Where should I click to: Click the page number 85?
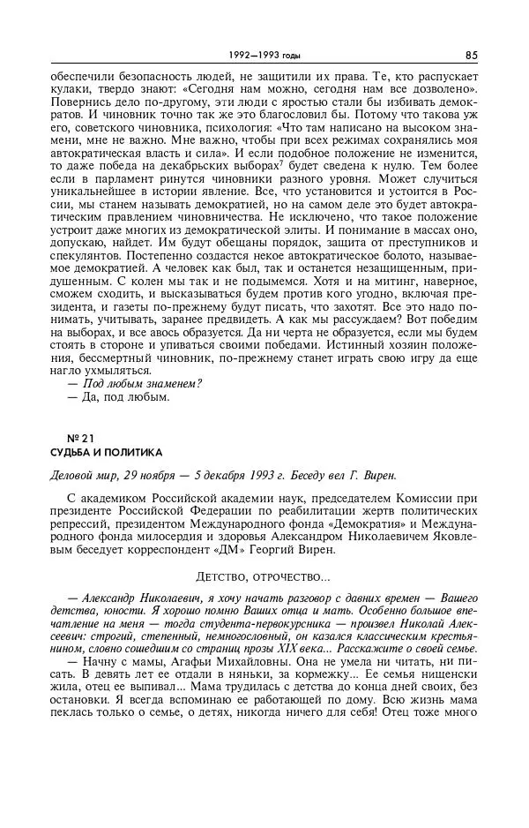tap(472, 55)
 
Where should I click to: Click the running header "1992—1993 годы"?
tap(264, 55)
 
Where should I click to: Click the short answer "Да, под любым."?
tap(124, 397)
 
